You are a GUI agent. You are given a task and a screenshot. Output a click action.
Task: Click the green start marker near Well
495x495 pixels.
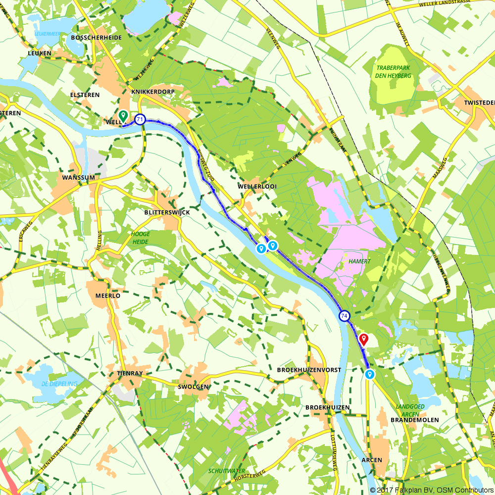point(123,115)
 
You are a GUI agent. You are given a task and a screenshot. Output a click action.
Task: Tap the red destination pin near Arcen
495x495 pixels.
point(364,339)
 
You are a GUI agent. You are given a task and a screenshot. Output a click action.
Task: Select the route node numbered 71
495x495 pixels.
point(140,119)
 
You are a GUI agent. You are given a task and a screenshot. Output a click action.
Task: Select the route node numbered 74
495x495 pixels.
point(345,315)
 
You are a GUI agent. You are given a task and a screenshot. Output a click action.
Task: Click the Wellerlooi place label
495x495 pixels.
point(257,186)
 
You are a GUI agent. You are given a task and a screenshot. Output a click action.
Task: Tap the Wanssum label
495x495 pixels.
point(78,177)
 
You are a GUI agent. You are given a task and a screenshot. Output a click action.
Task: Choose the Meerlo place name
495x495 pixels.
point(107,296)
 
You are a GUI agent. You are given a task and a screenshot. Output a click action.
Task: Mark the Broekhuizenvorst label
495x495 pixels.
point(309,370)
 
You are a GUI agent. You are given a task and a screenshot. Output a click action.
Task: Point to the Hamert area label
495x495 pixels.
point(359,261)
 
